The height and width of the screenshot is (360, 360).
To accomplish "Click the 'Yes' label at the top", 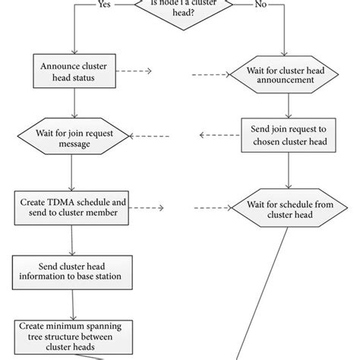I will [x=106, y=5].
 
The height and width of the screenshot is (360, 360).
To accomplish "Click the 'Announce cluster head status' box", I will [x=72, y=71].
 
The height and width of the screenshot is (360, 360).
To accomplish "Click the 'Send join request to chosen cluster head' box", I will [x=286, y=136].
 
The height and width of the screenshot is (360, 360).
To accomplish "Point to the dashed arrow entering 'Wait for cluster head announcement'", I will [x=211, y=75].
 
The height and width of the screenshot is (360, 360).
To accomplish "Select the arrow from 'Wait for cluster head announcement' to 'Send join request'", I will [x=287, y=104].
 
